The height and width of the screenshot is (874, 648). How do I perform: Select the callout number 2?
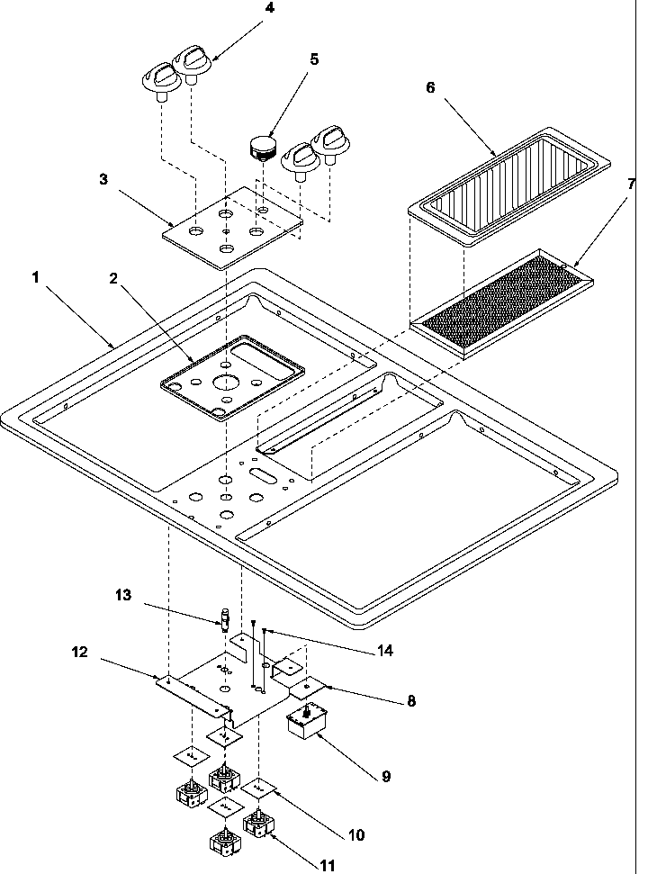coord(114,278)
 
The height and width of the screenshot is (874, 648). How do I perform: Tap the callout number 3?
coord(103,178)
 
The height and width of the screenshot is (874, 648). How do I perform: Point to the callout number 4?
coord(246,10)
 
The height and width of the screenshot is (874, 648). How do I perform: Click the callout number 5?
coord(313,59)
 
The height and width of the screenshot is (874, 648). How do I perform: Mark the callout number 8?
coord(411,699)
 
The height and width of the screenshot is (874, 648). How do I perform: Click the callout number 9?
coord(385,775)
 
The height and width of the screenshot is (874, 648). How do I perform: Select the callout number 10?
coord(355,834)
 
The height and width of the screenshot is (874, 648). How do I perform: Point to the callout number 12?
coord(80,652)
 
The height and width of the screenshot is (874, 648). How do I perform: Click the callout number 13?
coord(122,595)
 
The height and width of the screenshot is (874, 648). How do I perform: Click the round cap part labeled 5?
coord(262,147)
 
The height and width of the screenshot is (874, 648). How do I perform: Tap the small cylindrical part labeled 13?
coord(226,620)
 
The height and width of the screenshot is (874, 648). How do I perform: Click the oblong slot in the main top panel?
coord(264,473)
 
